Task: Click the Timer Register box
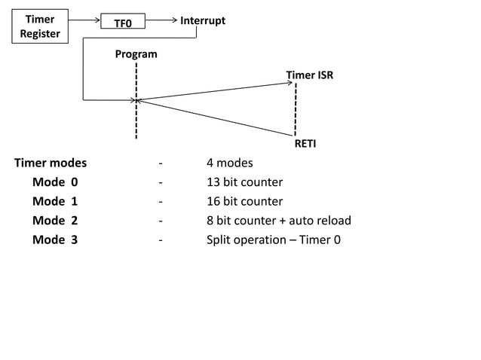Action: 39,26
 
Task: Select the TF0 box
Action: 122,23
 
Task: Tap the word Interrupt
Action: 202,20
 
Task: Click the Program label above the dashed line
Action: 136,54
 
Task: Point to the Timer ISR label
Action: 309,75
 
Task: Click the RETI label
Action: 305,143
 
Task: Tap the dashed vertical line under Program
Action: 136,113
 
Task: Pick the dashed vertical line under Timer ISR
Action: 296,109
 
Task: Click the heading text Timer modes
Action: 51,163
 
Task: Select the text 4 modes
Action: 229,163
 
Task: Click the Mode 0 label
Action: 54,182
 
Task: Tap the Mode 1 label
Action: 54,202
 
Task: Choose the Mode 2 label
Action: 54,221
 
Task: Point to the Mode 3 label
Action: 54,240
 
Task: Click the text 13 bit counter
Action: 244,182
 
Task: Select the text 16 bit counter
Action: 244,202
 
